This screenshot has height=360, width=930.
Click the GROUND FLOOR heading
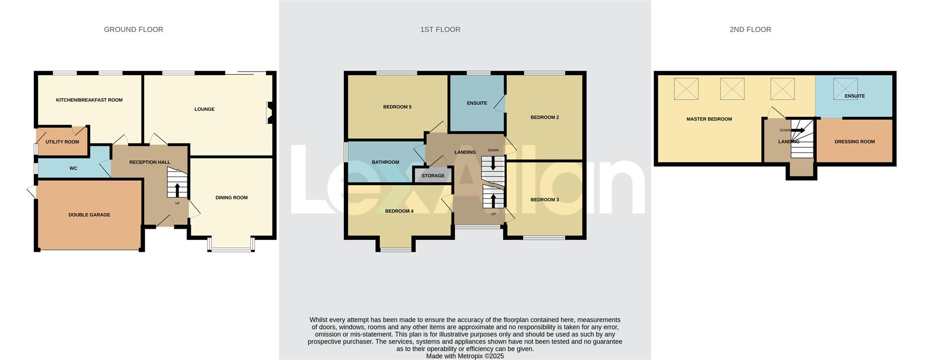[133, 30]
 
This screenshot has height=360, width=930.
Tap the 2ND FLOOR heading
[750, 30]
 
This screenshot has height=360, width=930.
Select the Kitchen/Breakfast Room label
[89, 100]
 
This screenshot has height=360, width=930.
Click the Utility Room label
[62, 142]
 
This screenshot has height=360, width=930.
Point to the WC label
[73, 169]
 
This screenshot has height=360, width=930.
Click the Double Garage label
[89, 215]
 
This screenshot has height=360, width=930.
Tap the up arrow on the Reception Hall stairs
[177, 189]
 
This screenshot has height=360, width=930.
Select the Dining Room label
[231, 198]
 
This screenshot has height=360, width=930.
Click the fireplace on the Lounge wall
[269, 113]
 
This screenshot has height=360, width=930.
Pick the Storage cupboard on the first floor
[433, 175]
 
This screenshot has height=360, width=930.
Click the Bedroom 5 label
[397, 107]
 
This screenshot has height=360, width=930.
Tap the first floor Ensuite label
[477, 103]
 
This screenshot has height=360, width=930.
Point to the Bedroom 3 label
[544, 200]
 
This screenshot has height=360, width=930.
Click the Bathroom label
[385, 162]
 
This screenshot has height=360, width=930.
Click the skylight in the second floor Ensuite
[845, 89]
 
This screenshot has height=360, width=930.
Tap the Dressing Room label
[854, 142]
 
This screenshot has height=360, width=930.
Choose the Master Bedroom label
[709, 119]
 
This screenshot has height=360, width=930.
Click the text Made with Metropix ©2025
[465, 356]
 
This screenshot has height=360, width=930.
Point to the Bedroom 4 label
[399, 211]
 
